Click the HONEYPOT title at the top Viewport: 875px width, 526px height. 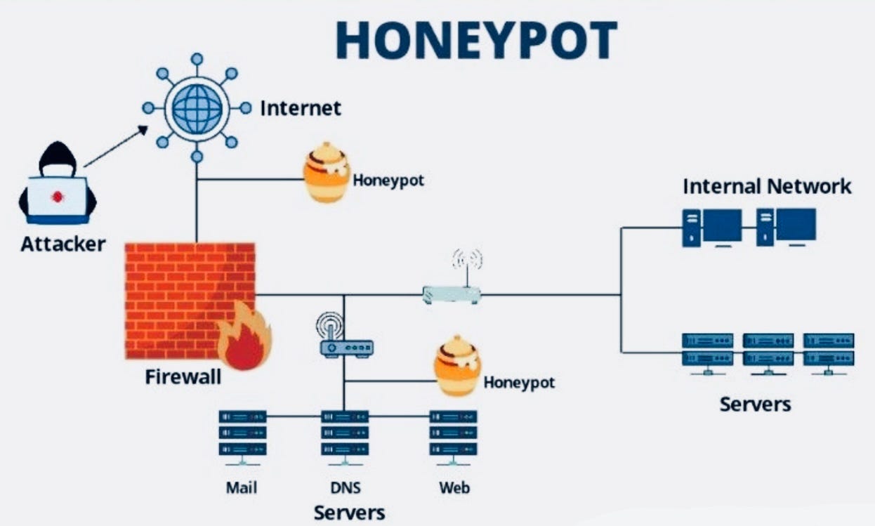pyautogui.click(x=476, y=41)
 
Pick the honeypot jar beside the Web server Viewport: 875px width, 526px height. pyautogui.click(x=457, y=367)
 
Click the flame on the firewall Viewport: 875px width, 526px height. pyautogui.click(x=243, y=338)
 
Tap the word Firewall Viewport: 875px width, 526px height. pyautogui.click(x=183, y=377)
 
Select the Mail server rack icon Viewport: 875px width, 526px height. pyautogui.click(x=242, y=435)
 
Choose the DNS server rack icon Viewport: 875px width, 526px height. pyautogui.click(x=345, y=435)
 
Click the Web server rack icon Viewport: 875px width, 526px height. pyautogui.click(x=453, y=435)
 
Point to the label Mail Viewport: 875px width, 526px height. pyautogui.click(x=242, y=487)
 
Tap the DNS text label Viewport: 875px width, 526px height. pyautogui.click(x=345, y=487)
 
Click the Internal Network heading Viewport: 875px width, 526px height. pyautogui.click(x=767, y=186)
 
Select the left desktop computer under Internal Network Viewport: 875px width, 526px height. pyautogui.click(x=711, y=227)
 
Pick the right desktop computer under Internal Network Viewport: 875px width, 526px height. pyautogui.click(x=786, y=227)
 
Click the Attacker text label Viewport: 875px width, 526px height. pyautogui.click(x=63, y=244)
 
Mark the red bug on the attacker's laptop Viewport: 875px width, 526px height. pyautogui.click(x=57, y=197)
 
